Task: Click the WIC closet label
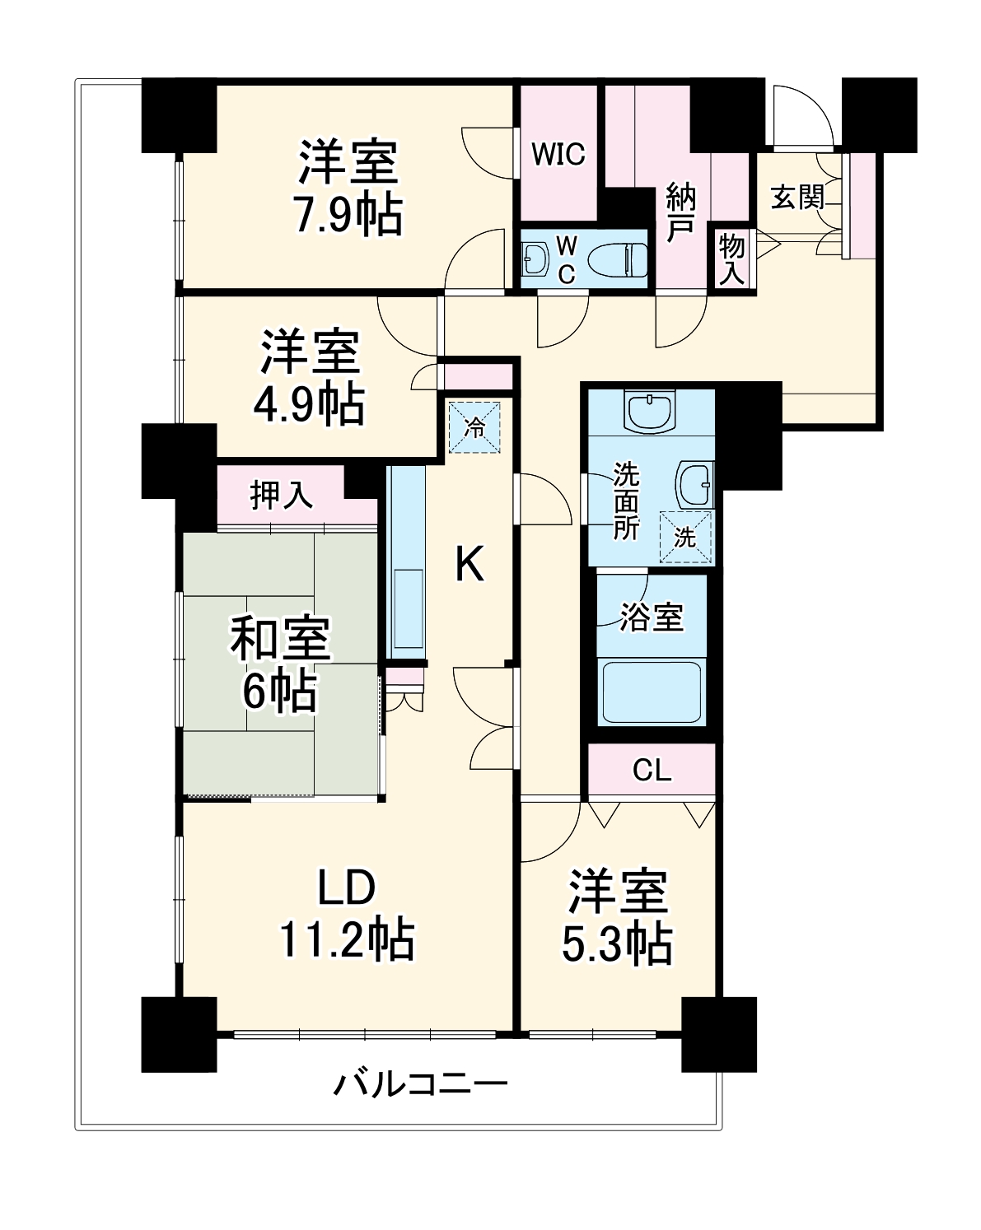coord(558,154)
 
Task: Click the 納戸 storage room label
coord(680,212)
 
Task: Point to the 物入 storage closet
coord(731,259)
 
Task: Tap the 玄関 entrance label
coord(796,198)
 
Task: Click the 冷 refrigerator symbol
coord(474,426)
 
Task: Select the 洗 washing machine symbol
coord(686,537)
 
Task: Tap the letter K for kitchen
coord(469,565)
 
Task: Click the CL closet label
coord(652,771)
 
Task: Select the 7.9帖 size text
coord(348,216)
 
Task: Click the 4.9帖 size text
coord(309,403)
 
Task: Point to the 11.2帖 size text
coord(347,939)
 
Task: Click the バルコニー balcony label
coord(420,1083)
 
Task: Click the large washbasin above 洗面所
coord(650,411)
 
